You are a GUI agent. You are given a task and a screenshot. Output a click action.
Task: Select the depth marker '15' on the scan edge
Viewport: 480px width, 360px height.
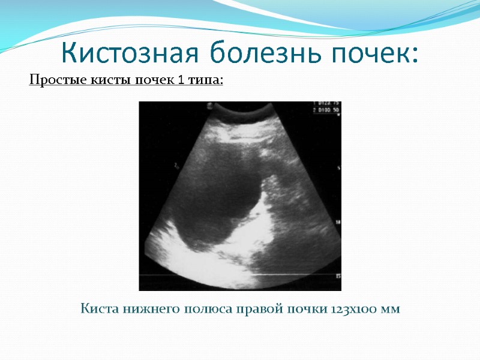tap(338, 276)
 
